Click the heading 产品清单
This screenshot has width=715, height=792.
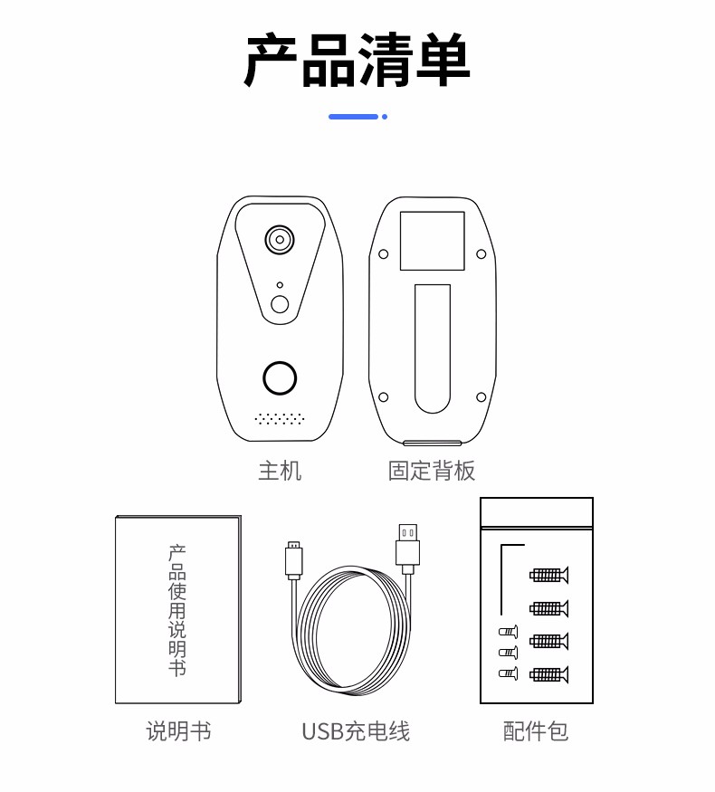pyautogui.click(x=357, y=60)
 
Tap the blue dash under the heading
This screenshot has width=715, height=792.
pyautogui.click(x=354, y=117)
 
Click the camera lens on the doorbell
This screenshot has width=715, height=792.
pyautogui.click(x=280, y=240)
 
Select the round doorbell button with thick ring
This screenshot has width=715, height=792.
pyautogui.click(x=280, y=377)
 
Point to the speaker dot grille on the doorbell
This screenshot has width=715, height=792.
pyautogui.click(x=280, y=418)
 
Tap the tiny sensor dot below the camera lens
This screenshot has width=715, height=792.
pyautogui.click(x=280, y=285)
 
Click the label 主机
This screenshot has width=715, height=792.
pyautogui.click(x=280, y=471)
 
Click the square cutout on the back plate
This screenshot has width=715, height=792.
pyautogui.click(x=433, y=241)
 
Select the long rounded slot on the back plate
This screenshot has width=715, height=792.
pyautogui.click(x=433, y=348)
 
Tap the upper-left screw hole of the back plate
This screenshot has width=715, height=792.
pyautogui.click(x=383, y=253)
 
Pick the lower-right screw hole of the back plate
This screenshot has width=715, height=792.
pyautogui.click(x=481, y=397)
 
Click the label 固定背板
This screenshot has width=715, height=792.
pyautogui.click(x=432, y=471)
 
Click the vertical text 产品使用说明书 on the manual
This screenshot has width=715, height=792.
pyautogui.click(x=177, y=610)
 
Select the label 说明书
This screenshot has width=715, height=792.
pyautogui.click(x=178, y=730)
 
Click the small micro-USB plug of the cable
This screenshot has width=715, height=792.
pyautogui.click(x=294, y=560)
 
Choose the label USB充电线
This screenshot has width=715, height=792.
pyautogui.click(x=356, y=730)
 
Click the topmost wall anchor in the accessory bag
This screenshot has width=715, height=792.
pyautogui.click(x=548, y=575)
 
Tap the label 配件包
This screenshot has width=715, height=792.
pyautogui.click(x=536, y=730)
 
